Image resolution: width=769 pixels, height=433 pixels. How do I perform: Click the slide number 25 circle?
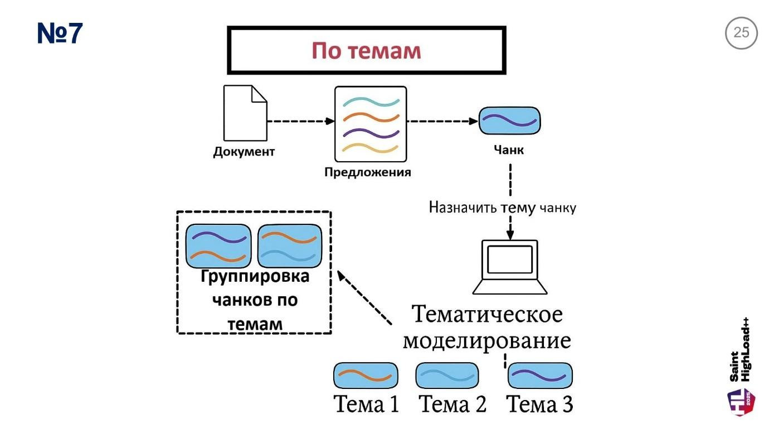click(x=741, y=33)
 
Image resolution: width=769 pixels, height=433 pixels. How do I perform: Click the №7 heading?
click(x=60, y=33)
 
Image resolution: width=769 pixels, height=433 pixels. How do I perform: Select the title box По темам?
click(x=367, y=51)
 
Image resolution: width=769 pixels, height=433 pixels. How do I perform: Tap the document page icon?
click(x=245, y=113)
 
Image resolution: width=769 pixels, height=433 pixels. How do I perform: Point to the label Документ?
click(x=244, y=152)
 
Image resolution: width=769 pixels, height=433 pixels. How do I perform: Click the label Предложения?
click(x=368, y=172)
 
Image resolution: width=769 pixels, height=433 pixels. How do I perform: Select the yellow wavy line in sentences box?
click(x=371, y=148)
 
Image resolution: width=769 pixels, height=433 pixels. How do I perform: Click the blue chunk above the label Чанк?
click(x=509, y=121)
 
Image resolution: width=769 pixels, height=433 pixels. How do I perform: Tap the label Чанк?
click(x=509, y=150)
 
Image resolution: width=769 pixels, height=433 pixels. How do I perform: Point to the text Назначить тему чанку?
click(x=502, y=208)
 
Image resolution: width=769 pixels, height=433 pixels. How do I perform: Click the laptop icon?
click(x=509, y=267)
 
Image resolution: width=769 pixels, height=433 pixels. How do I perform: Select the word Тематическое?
click(x=487, y=315)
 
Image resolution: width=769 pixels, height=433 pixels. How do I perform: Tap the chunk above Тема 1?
click(x=366, y=376)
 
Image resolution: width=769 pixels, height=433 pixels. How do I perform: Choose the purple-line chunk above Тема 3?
click(x=540, y=376)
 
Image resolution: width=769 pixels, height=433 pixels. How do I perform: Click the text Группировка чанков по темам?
click(x=254, y=300)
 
